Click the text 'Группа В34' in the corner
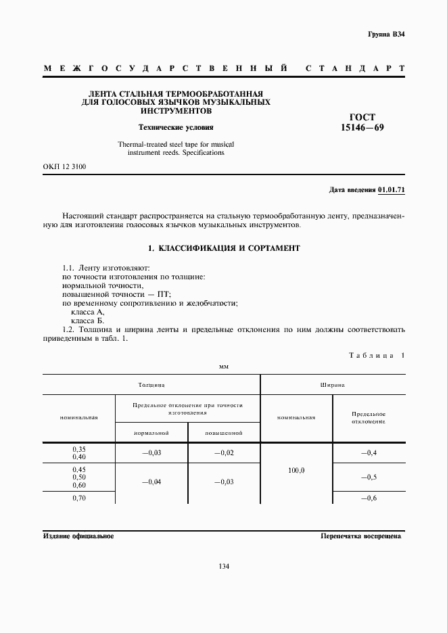386,34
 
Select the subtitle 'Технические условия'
176,126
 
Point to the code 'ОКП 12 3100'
64,166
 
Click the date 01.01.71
392,190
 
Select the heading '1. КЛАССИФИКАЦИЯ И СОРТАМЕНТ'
223,248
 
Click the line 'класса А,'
88,312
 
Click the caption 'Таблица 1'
377,355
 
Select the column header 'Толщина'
151,384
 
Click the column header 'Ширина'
332,384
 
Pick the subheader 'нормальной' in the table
151,432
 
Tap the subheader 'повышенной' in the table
223,432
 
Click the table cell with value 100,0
296,469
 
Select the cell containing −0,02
223,452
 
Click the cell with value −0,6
369,498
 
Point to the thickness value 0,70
79,498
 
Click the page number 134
224,566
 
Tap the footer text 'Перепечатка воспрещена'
360,536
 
